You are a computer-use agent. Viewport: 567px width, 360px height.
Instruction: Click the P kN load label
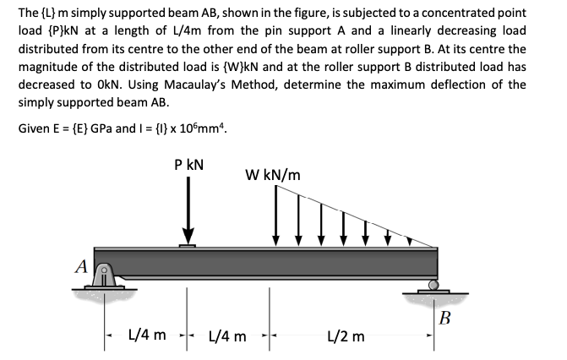click(x=188, y=165)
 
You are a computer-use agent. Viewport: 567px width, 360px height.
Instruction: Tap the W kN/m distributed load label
click(x=273, y=175)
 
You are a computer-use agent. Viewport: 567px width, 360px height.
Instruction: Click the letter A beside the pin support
click(x=82, y=267)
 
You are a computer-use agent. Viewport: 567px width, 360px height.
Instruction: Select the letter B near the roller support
click(x=444, y=318)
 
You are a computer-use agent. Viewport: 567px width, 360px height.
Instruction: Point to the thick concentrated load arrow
click(x=188, y=210)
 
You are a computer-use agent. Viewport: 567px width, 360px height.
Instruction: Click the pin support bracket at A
click(x=104, y=275)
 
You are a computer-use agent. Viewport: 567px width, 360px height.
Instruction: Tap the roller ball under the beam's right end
click(x=433, y=285)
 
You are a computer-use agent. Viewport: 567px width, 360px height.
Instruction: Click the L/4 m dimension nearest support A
click(x=148, y=335)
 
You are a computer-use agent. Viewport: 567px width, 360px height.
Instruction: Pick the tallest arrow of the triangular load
click(x=276, y=215)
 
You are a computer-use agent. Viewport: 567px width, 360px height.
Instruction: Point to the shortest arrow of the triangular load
click(x=409, y=241)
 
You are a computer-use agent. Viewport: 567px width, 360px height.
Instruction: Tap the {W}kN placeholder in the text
click(x=240, y=67)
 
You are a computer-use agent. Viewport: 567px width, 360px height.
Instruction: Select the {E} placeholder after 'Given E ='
click(x=79, y=128)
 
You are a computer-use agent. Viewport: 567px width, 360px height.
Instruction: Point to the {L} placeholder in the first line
click(x=49, y=13)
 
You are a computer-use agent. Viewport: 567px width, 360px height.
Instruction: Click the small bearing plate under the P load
click(x=188, y=246)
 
